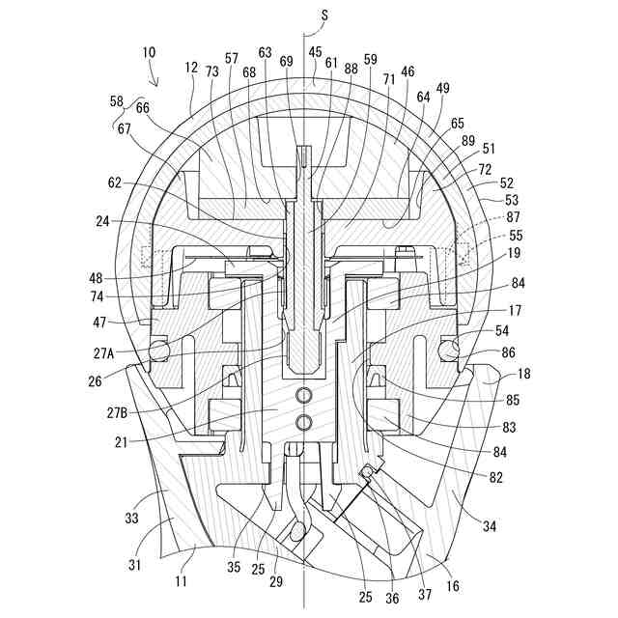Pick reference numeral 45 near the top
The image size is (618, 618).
[315, 52]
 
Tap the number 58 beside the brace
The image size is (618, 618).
[117, 101]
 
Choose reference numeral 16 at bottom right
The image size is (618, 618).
[453, 585]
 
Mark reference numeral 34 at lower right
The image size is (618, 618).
[490, 525]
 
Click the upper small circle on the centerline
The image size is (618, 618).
[305, 395]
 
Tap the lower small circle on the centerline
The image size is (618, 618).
[305, 421]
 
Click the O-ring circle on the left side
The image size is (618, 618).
[157, 347]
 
